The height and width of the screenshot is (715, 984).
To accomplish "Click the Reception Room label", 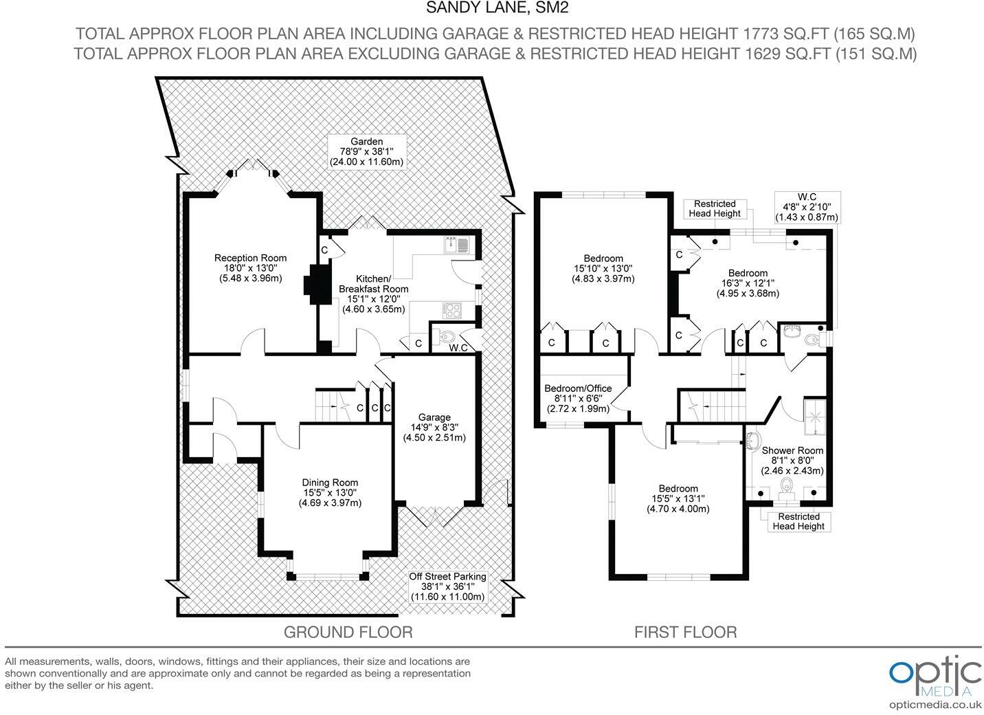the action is click(250, 258).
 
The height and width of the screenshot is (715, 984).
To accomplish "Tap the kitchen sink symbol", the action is click(457, 245).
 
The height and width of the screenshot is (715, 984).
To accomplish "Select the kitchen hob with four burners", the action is click(451, 310).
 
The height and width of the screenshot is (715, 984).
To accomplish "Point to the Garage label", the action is click(434, 417).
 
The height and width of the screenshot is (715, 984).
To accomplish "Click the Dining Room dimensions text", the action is click(330, 498).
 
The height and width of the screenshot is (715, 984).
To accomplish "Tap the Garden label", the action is click(366, 142).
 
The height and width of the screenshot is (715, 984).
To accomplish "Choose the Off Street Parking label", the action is click(447, 576).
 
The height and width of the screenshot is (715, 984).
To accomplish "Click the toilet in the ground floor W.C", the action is click(446, 337).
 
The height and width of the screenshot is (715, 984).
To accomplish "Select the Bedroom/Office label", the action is click(578, 388).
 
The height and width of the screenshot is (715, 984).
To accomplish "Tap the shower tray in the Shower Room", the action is click(814, 417).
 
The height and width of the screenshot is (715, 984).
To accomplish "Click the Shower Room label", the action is click(792, 450).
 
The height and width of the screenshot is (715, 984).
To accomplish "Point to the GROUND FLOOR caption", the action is click(348, 632).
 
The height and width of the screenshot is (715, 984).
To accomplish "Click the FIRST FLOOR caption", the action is click(686, 632).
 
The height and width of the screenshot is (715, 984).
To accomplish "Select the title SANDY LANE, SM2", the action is click(497, 8).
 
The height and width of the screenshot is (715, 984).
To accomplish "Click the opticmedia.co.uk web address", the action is click(935, 705).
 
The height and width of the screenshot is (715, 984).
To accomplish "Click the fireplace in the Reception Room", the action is click(317, 284).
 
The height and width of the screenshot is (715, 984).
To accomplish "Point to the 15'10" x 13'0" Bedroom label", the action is click(603, 269).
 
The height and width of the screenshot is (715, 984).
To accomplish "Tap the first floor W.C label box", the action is click(807, 207).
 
